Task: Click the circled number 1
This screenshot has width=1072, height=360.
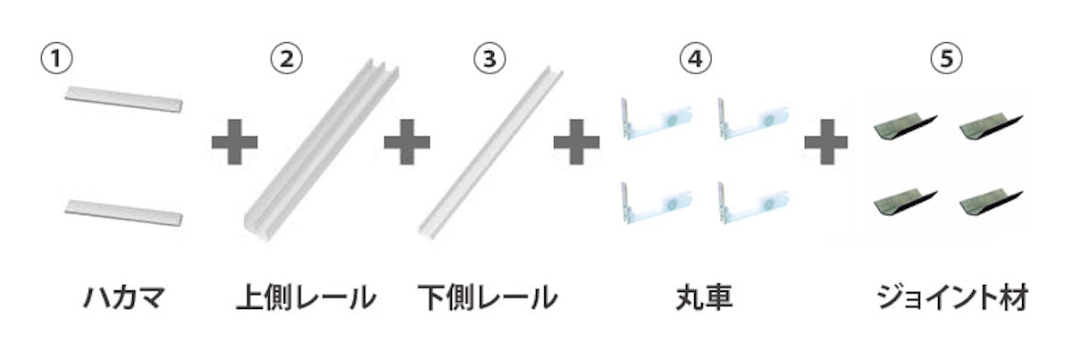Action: [x=56, y=58]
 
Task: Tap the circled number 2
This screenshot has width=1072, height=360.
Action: [x=286, y=58]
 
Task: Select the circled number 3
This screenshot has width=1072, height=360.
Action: [x=490, y=58]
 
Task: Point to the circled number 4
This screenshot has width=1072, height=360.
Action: [x=695, y=58]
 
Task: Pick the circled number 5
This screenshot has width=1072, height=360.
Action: [x=946, y=58]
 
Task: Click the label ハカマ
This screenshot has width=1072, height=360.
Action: [x=124, y=297]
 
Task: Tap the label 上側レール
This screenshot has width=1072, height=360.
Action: [x=306, y=297]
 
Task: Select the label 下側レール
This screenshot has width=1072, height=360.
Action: [x=488, y=297]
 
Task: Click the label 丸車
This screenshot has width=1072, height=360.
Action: [x=704, y=297]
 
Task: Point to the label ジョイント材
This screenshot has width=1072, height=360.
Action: [x=952, y=297]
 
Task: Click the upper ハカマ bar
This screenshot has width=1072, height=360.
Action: [x=123, y=99]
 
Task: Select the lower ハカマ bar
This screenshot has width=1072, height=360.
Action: [x=123, y=213]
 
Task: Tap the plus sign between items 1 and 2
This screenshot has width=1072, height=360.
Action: [x=234, y=142]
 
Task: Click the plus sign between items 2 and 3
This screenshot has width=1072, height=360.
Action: [x=406, y=142]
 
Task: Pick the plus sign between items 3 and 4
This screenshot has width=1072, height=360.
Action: [x=576, y=142]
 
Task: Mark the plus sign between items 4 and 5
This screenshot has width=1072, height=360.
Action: [x=826, y=142]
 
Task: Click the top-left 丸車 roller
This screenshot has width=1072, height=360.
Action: [x=656, y=121]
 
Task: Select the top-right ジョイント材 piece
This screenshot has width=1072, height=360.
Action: [x=991, y=127]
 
